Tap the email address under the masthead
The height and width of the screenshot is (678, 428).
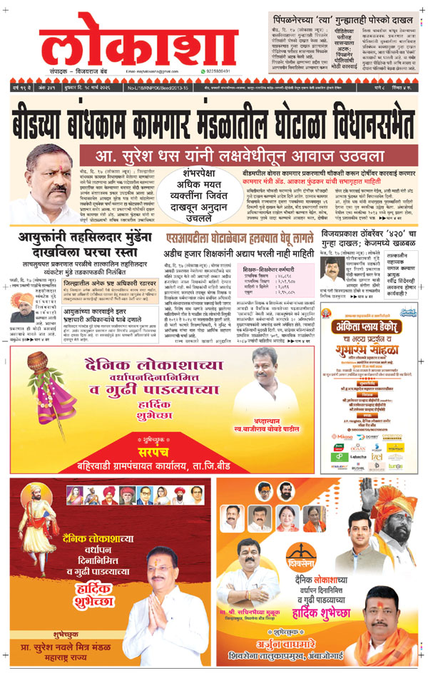point(151,72)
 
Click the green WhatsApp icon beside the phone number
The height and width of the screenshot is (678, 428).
point(188,72)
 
